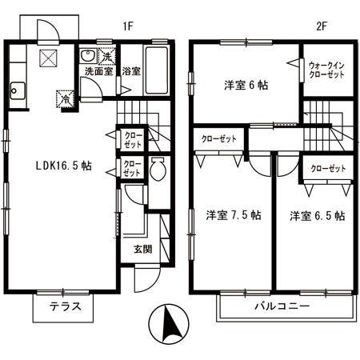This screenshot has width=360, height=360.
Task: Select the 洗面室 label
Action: (x=99, y=71)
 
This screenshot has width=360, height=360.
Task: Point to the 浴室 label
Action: (x=131, y=71)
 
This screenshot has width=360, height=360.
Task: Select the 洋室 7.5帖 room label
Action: (x=233, y=215)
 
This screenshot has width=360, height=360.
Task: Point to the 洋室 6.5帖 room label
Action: (x=317, y=216)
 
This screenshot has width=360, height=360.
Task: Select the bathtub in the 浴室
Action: (x=158, y=60)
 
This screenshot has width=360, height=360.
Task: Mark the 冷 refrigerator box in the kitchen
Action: (x=62, y=101)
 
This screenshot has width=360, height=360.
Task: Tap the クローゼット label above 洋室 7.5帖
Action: (x=219, y=139)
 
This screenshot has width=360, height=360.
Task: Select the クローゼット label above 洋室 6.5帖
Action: (x=327, y=168)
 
